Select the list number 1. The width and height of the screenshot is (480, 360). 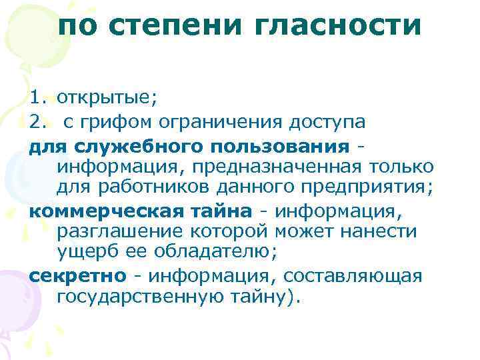pyautogui.click(x=36, y=99)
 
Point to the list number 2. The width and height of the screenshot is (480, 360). pyautogui.click(x=36, y=122)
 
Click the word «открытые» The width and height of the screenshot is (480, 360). pyautogui.click(x=107, y=99)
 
